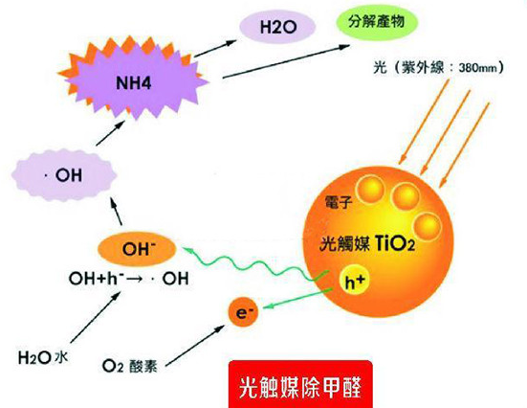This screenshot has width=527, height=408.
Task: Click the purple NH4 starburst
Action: pyautogui.click(x=134, y=82)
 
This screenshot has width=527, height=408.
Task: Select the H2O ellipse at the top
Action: pyautogui.click(x=277, y=27)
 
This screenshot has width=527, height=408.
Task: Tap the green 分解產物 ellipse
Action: pyautogui.click(x=377, y=22)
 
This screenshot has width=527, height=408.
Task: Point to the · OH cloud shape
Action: pyautogui.click(x=64, y=175)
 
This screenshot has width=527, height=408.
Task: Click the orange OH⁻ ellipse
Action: pyautogui.click(x=137, y=249)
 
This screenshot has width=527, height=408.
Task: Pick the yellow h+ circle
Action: pyautogui.click(x=355, y=283)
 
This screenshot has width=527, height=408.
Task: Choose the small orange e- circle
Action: pyautogui.click(x=244, y=313)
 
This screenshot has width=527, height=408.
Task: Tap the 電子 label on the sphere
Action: pyautogui.click(x=339, y=202)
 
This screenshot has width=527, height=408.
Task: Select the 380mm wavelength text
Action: pyautogui.click(x=478, y=68)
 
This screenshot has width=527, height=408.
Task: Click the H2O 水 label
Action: pyautogui.click(x=43, y=357)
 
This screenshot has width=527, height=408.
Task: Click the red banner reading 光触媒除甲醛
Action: pyautogui.click(x=300, y=384)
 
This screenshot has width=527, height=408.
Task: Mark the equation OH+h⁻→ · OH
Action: pyautogui.click(x=128, y=279)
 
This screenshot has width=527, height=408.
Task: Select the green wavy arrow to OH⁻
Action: pyautogui.click(x=255, y=263)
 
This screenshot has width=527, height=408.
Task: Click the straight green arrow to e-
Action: pyautogui.click(x=297, y=298)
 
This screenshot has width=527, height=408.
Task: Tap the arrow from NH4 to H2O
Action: pyautogui.click(x=215, y=48)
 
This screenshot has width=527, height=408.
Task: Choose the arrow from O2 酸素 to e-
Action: pyautogui.click(x=195, y=346)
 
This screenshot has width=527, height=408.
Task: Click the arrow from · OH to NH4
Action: pyautogui.click(x=110, y=133)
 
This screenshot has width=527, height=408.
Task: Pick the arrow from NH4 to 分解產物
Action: pyautogui.click(x=286, y=61)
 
